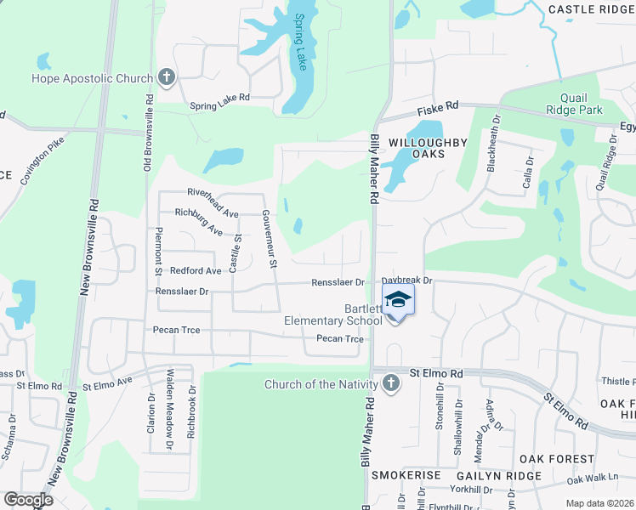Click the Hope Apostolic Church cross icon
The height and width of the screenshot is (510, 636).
pos(166,78)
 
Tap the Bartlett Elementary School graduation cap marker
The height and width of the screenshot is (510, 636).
pos(398,301)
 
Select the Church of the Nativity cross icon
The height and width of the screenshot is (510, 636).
pos(390,384)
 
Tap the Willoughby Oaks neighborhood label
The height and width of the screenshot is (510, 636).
pos(429,148)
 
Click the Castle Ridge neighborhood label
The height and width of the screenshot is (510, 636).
pos(593,9)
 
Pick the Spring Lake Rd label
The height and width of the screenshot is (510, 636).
pos(219,98)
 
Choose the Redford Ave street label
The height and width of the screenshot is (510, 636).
pos(196,271)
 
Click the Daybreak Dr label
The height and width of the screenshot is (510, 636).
pos(407,280)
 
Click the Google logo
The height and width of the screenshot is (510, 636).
pos(29,500)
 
